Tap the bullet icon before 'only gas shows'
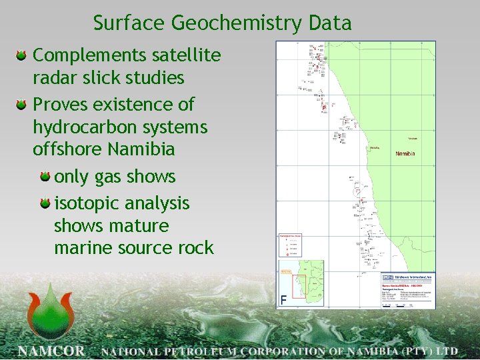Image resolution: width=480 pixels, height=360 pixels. pyautogui.click(x=45, y=177)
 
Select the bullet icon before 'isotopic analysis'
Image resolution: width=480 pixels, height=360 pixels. pyautogui.click(x=45, y=203)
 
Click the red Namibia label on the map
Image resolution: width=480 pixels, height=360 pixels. pyautogui.click(x=405, y=154)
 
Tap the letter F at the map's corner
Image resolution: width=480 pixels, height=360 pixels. pyautogui.click(x=284, y=301)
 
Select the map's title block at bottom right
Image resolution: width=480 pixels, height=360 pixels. pyautogui.click(x=407, y=290)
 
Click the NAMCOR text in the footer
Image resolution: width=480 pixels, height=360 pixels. pyautogui.click(x=51, y=351)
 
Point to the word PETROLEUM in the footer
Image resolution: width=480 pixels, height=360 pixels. pyautogui.click(x=204, y=351)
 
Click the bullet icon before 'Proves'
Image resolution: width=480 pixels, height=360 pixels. pyautogui.click(x=22, y=105)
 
